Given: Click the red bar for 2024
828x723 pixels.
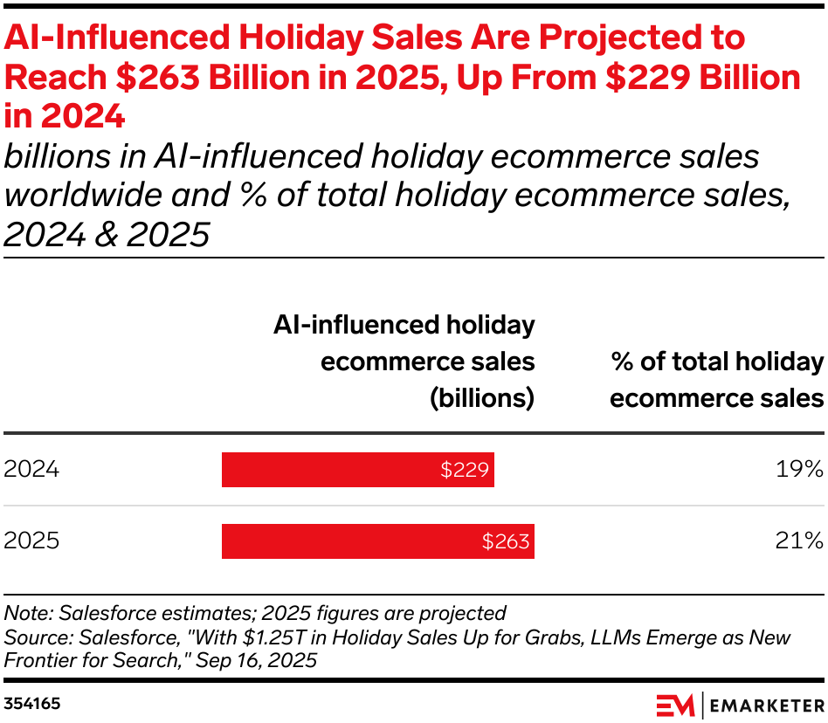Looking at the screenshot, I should click(x=358, y=470).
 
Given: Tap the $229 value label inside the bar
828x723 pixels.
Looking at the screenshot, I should click(x=466, y=470).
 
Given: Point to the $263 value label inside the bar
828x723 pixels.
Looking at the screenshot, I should click(x=506, y=541).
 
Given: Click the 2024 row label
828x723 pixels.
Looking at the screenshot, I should click(x=31, y=470).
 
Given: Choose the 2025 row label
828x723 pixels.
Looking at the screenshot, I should click(x=31, y=541).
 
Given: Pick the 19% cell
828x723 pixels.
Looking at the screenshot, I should click(x=799, y=470).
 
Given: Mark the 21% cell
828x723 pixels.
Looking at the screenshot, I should click(x=799, y=541).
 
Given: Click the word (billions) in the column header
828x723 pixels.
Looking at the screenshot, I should click(x=480, y=398).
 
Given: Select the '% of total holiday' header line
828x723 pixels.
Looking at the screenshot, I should click(x=716, y=361).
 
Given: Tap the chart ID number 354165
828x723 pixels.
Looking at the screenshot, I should click(x=32, y=703).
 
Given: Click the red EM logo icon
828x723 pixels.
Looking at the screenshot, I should click(x=675, y=704).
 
